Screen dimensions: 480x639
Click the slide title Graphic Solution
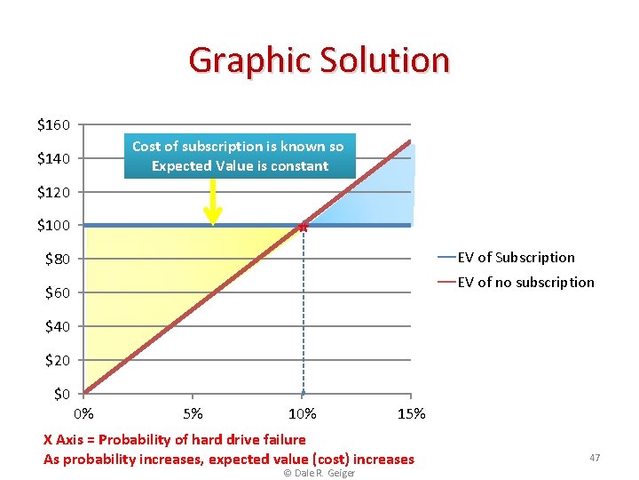click(319, 60)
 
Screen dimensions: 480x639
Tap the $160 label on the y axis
click(54, 124)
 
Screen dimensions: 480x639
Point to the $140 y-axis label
click(54, 158)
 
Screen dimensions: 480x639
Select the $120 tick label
click(54, 192)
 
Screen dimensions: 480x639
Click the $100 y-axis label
click(54, 226)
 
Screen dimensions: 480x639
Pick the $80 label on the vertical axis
click(58, 259)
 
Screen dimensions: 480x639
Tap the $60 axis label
click(58, 292)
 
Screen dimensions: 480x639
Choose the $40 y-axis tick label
click(58, 326)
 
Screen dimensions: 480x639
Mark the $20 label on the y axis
click(58, 360)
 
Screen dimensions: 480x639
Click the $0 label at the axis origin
click(61, 394)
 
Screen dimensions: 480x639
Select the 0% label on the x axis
click(83, 413)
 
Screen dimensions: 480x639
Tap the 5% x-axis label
click(193, 413)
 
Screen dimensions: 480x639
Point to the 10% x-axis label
click(302, 413)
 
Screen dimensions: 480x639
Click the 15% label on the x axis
click(412, 413)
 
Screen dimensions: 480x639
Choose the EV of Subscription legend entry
click(516, 258)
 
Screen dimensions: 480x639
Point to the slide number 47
click(595, 458)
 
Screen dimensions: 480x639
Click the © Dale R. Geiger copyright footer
click(319, 473)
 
